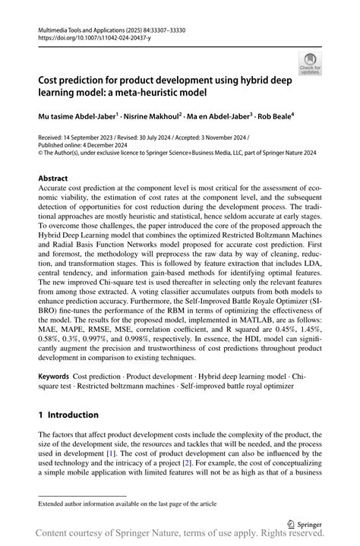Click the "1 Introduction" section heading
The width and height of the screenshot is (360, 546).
click(68, 415)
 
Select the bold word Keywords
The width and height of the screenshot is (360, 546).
click(54, 376)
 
